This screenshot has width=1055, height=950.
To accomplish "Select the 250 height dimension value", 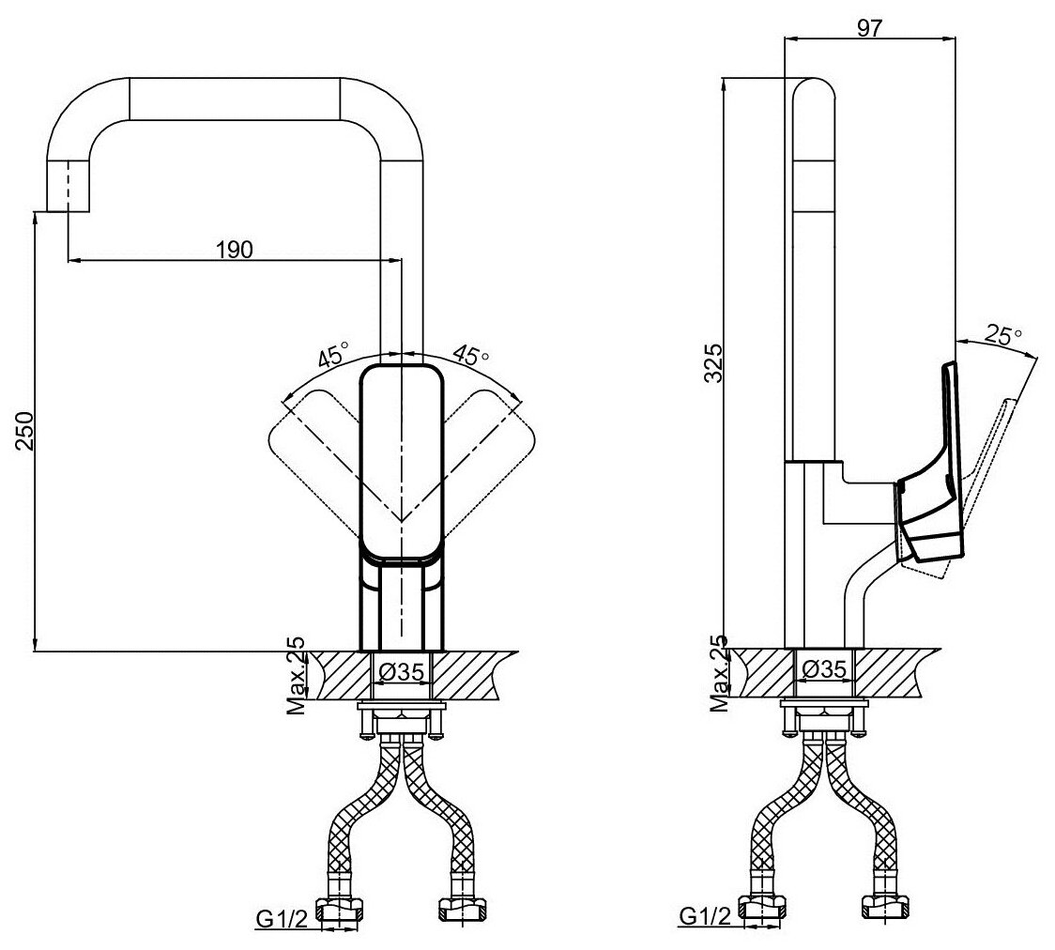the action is [x=25, y=431].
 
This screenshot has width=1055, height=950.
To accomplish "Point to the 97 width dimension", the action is [x=869, y=28].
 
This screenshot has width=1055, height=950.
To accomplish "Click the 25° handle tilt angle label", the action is [x=1003, y=334].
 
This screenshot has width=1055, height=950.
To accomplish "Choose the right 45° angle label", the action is [x=471, y=356].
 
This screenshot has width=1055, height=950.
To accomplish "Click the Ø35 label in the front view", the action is [x=402, y=671].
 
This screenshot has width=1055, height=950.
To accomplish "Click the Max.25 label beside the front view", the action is [x=296, y=675].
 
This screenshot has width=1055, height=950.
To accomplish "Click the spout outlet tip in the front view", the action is [x=69, y=188].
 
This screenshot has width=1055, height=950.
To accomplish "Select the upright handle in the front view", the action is [x=402, y=460].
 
